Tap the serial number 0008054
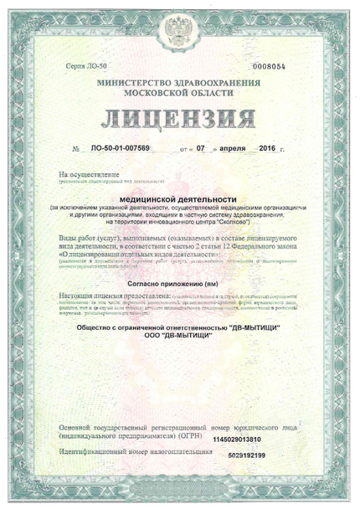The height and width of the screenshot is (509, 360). pyautogui.click(x=268, y=65)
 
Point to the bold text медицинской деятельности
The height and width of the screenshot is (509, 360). pyautogui.click(x=178, y=198)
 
